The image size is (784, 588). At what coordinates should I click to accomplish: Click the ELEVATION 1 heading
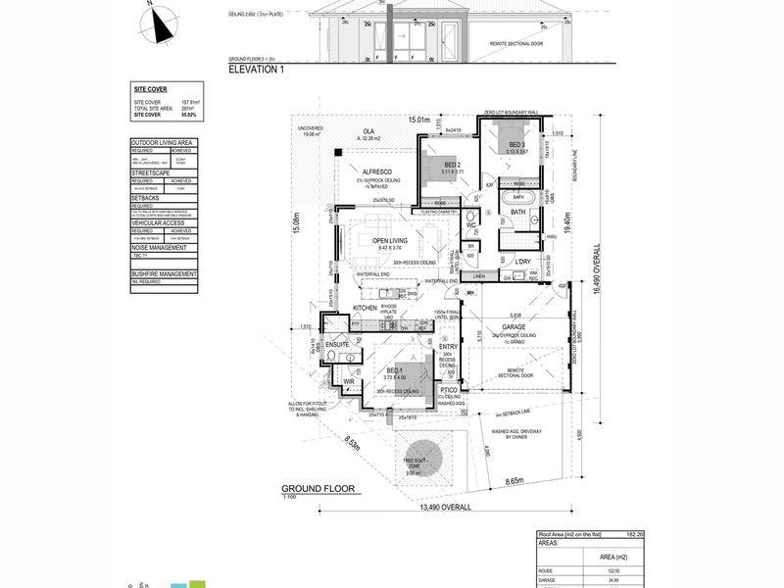257,71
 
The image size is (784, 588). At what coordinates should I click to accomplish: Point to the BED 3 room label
517,145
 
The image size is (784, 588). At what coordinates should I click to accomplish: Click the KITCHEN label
366,308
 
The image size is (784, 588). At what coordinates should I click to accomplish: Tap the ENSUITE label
339,344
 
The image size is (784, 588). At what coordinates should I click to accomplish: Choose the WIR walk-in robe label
348,381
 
